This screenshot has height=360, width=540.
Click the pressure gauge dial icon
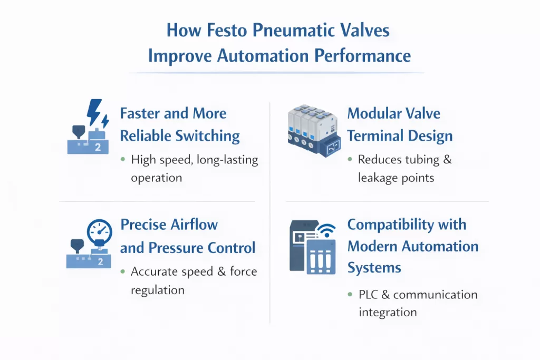pos(99,230)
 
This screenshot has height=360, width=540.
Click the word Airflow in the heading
pos(189,224)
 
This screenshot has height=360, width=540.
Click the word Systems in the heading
pos(374,268)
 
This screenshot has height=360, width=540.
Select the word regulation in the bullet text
pos(158,290)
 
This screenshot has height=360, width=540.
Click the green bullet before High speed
pos(122,159)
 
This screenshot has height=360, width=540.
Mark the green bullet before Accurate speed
pos(122,272)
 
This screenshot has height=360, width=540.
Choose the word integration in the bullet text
pos(388,312)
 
